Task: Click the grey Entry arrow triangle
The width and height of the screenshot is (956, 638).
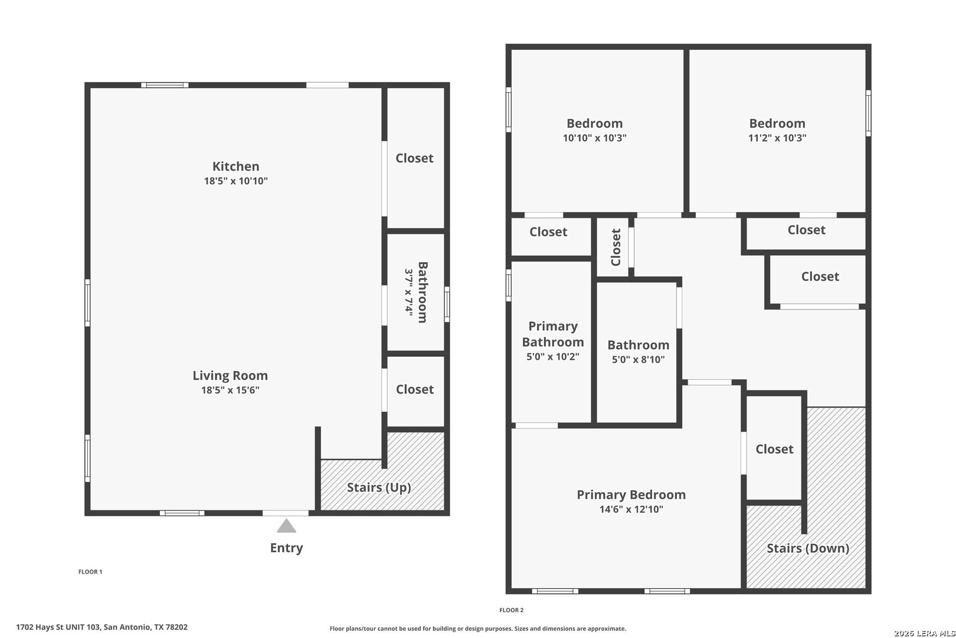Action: click(286, 526)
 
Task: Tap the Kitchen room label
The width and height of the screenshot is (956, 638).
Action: click(235, 166)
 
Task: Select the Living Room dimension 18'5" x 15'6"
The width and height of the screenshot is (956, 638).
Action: click(231, 390)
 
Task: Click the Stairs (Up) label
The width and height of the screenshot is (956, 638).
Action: click(379, 487)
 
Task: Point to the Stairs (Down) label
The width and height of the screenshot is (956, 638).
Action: click(808, 548)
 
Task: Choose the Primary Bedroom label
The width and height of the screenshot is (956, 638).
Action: click(631, 495)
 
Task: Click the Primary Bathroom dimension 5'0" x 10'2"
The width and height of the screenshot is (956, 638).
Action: click(553, 357)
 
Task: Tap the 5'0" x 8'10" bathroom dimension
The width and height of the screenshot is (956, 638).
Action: click(638, 359)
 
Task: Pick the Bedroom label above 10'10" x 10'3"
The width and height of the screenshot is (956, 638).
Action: click(594, 123)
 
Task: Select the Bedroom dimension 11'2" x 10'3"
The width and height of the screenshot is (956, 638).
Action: click(777, 138)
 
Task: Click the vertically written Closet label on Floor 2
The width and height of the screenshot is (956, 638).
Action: click(616, 247)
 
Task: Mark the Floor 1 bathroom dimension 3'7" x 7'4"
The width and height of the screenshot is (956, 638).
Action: click(409, 292)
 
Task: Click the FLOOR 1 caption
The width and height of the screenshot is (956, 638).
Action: click(90, 572)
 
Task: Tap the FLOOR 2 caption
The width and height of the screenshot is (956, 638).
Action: click(511, 610)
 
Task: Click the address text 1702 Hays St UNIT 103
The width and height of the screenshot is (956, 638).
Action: click(58, 627)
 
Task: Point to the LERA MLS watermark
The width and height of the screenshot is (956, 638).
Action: click(924, 633)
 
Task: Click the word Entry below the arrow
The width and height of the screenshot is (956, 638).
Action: click(286, 548)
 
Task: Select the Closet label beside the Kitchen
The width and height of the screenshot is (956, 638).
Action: click(414, 158)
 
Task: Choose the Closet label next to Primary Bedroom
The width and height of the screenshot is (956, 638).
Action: click(774, 449)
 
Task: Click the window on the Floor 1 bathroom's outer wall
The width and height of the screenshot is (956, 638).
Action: click(447, 304)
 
